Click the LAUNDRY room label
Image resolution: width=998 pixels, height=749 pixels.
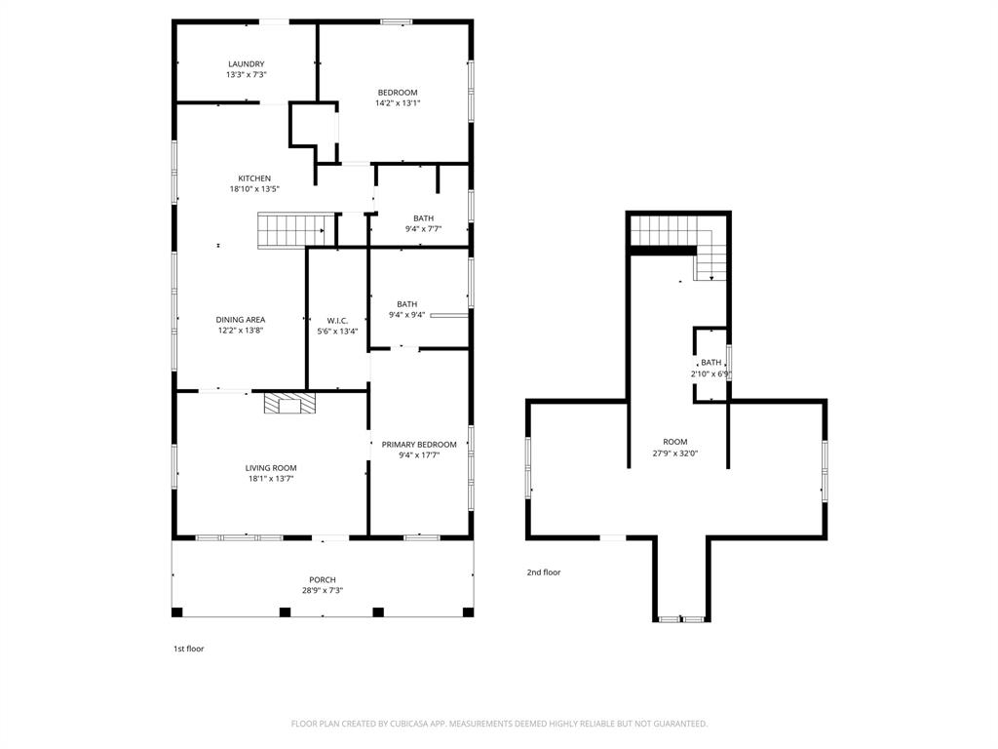tap(246, 64)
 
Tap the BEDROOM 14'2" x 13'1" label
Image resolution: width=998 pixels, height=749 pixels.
tap(398, 93)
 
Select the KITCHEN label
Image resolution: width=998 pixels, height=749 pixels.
tap(254, 178)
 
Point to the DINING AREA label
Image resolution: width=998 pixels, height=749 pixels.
tap(241, 320)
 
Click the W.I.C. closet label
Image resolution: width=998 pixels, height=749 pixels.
tap(337, 320)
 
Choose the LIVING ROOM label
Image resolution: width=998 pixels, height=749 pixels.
tap(270, 468)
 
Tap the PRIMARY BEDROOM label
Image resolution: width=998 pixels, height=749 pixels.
tap(419, 445)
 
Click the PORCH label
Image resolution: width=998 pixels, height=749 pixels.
tap(323, 580)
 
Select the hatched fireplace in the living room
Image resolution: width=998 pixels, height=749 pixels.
tap(289, 404)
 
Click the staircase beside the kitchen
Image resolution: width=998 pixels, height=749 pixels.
tap(289, 231)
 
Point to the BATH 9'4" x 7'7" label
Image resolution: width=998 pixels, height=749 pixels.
tap(423, 218)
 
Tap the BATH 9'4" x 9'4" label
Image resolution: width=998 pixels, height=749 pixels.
tap(406, 304)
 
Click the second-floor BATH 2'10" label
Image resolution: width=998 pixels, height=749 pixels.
tap(711, 363)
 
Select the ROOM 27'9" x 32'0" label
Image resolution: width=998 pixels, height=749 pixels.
tap(675, 442)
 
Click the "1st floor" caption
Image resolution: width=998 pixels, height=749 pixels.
tap(188, 649)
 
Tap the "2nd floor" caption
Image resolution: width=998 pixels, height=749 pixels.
tap(544, 572)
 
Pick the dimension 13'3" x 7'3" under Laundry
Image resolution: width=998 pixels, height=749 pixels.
tap(246, 75)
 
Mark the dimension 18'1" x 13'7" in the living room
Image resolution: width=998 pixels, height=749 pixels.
tap(270, 479)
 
